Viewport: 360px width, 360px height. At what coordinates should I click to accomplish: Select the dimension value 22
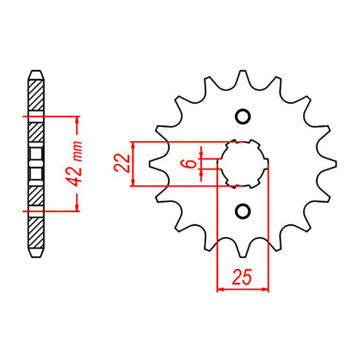click(122, 163)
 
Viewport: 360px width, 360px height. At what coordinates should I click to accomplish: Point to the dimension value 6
click(190, 163)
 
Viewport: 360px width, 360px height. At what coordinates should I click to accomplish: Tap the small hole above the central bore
click(242, 115)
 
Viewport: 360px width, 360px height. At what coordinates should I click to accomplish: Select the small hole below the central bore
click(242, 211)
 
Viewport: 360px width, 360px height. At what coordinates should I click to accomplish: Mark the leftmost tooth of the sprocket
click(152, 163)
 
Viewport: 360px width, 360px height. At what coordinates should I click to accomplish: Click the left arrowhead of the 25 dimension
click(220, 291)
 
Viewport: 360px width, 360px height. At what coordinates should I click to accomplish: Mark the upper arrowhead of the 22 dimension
click(136, 146)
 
